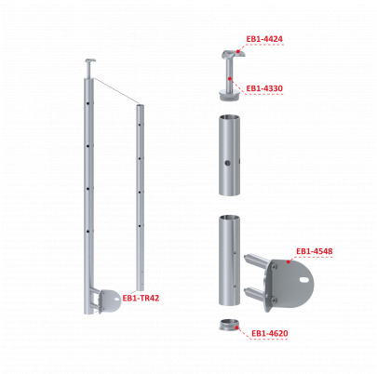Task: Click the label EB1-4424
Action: [264, 39]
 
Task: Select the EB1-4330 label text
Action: [264, 88]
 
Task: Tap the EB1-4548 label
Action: [315, 251]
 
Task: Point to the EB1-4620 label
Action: [270, 333]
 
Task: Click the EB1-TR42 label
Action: [141, 298]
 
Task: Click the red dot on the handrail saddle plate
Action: [238, 51]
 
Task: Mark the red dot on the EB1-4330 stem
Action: [230, 79]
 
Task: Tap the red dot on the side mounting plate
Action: [289, 261]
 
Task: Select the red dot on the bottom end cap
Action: [237, 327]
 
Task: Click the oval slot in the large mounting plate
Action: [304, 280]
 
